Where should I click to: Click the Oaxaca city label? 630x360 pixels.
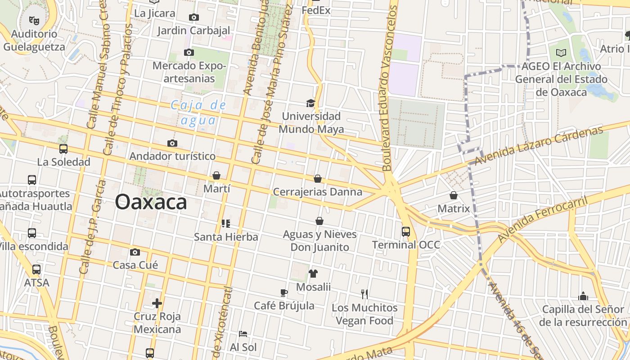pyautogui.click(x=151, y=202)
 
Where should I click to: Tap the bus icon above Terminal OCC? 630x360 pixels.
pyautogui.click(x=405, y=232)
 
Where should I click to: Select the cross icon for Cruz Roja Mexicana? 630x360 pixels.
pyautogui.click(x=157, y=303)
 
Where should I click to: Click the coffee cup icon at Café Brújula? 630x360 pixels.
pyautogui.click(x=284, y=292)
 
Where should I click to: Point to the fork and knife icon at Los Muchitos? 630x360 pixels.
pyautogui.click(x=364, y=294)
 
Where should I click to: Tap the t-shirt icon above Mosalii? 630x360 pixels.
pyautogui.click(x=313, y=273)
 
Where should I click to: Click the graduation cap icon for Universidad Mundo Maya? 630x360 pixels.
pyautogui.click(x=310, y=103)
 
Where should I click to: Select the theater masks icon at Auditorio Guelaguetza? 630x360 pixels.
pyautogui.click(x=33, y=20)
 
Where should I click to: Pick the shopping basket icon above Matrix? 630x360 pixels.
pyautogui.click(x=453, y=195)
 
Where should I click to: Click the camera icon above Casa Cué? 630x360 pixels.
pyautogui.click(x=135, y=252)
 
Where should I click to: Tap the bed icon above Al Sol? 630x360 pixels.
pyautogui.click(x=243, y=334)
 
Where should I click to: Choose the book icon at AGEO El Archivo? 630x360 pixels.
pyautogui.click(x=561, y=53)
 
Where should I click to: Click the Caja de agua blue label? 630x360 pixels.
pyautogui.click(x=198, y=112)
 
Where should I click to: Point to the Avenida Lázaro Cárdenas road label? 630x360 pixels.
pyautogui.click(x=538, y=145)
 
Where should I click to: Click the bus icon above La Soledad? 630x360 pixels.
pyautogui.click(x=63, y=149)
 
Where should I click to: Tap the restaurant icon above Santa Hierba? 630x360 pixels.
pyautogui.click(x=226, y=223)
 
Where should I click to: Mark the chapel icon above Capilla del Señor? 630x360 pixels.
pyautogui.click(x=583, y=296)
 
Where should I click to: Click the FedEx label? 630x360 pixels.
pyautogui.click(x=316, y=10)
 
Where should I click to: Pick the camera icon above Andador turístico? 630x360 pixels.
pyautogui.click(x=172, y=144)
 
